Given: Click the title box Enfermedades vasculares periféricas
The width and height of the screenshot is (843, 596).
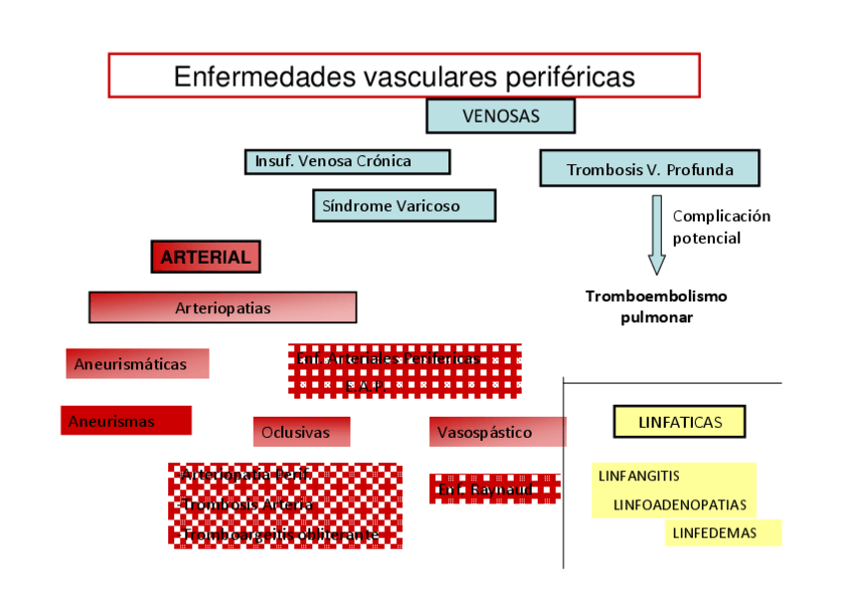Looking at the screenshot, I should coord(404,76).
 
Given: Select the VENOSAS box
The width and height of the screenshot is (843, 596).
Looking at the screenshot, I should coord(500,116).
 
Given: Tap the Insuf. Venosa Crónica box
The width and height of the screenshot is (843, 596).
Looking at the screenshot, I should coord(347,161).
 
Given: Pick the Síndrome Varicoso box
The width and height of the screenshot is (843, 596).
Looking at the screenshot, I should coord(404,206).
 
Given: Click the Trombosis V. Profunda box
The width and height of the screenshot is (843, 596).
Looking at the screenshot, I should coord(649,169).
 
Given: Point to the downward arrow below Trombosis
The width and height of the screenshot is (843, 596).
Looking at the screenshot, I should coord(656,234).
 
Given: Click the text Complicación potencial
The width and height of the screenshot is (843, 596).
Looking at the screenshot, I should coord(721,227).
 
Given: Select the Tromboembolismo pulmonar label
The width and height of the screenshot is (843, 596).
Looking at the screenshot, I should coord(656,306).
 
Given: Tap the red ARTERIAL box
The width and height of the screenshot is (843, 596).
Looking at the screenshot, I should coord(206,257).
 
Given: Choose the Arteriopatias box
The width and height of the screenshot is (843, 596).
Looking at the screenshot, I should coord(223,307).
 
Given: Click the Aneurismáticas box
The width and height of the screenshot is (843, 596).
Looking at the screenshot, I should coord(137,364).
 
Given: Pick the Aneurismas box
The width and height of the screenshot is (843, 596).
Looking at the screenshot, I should coord(125,421).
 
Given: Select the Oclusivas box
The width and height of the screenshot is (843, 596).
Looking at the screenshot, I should coord(302,433).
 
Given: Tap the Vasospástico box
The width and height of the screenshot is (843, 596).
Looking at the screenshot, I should coord(497,433).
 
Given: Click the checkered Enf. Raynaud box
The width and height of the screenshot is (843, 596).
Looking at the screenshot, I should coord(494,490).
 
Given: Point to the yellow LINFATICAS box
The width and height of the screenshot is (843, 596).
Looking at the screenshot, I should coord(680,422).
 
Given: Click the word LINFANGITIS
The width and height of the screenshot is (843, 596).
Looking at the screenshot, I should coord(638,476).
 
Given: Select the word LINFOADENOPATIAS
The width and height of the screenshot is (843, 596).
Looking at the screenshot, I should coord(679,504).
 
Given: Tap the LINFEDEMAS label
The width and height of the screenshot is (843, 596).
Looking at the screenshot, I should coord(714,532).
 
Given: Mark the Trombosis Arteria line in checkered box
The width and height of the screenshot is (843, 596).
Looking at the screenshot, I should coord(248,505).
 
